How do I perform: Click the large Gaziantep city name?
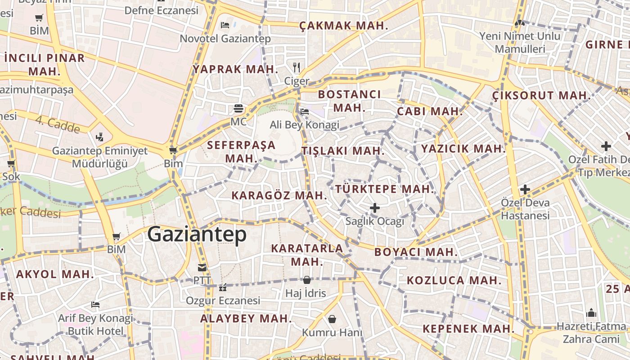click(x=197, y=234)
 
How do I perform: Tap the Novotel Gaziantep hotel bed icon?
click(x=225, y=25)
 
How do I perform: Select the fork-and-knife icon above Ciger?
click(x=296, y=67)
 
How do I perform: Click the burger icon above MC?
click(x=238, y=108)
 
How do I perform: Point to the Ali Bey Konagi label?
click(x=305, y=125)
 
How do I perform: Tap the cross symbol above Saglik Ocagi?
click(x=374, y=208)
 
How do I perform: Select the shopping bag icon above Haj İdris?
click(x=306, y=280)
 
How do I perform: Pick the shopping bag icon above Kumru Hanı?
click(x=332, y=319)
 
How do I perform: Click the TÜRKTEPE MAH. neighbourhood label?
click(x=385, y=189)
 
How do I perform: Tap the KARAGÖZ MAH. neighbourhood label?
click(x=279, y=195)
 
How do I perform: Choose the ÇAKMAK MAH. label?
click(x=344, y=26)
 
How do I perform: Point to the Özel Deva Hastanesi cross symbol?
click(x=525, y=189)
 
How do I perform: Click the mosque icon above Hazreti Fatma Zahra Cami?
click(x=591, y=312)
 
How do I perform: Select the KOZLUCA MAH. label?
click(x=454, y=280)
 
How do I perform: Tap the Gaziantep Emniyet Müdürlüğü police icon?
click(x=99, y=137)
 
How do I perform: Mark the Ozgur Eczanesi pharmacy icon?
click(x=222, y=287)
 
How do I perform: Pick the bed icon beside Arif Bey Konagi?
click(x=95, y=305)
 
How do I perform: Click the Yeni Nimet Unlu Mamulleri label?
click(x=520, y=42)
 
